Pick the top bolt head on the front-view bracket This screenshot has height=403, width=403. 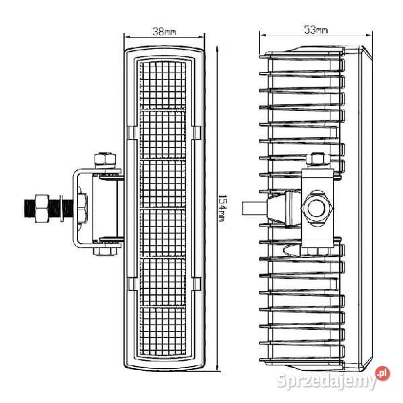click(103, 159)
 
